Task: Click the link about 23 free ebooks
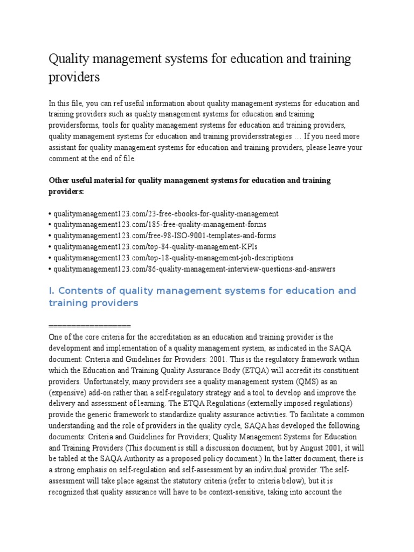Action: click(165, 213)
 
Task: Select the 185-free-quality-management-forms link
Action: click(159, 224)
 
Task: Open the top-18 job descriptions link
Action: click(172, 258)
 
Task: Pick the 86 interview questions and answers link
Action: click(194, 268)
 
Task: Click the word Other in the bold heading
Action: click(60, 180)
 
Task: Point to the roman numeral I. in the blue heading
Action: click(52, 291)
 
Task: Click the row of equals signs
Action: click(89, 326)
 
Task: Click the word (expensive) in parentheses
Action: click(75, 392)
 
